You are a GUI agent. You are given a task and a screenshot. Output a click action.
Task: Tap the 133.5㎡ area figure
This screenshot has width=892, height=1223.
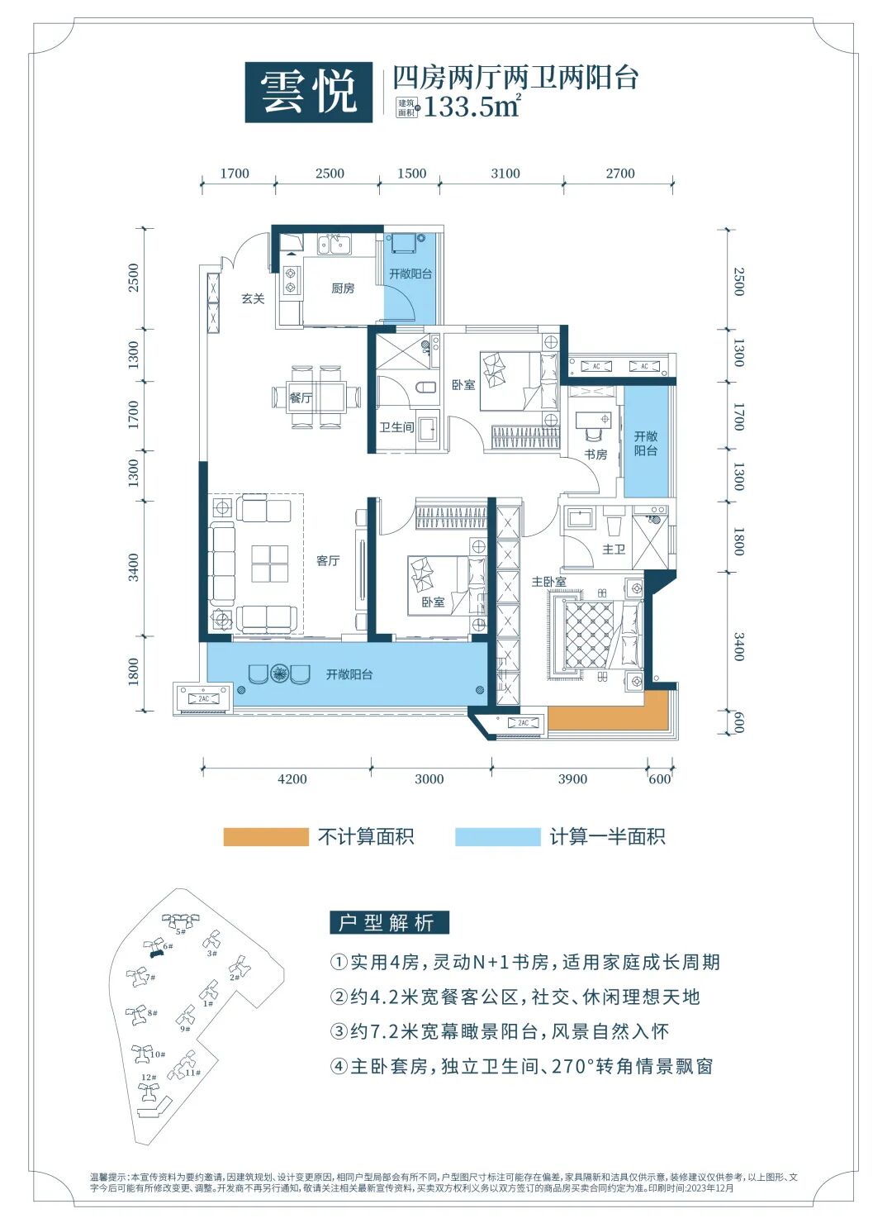(472, 107)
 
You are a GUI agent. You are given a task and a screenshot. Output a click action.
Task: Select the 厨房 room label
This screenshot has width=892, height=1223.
(343, 288)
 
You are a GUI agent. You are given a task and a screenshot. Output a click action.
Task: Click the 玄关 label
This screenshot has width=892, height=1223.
(253, 298)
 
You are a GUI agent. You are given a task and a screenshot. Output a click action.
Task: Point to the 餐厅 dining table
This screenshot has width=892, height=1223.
(317, 397)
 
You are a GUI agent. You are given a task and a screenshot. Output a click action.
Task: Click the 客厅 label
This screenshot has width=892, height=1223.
(328, 561)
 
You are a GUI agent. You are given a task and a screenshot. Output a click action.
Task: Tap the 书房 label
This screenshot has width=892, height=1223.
(595, 454)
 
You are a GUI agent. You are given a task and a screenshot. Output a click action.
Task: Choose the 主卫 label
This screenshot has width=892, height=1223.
(614, 550)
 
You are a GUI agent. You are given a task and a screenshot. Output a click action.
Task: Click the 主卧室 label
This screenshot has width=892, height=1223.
(548, 583)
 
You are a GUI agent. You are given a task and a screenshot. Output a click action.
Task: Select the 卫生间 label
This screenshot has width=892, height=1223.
(396, 427)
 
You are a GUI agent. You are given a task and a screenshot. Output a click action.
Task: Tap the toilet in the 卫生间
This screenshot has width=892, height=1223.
(426, 387)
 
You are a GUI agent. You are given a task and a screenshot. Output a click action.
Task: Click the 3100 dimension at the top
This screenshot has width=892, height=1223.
(505, 174)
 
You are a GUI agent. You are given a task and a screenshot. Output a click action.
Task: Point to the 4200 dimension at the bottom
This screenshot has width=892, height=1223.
(292, 779)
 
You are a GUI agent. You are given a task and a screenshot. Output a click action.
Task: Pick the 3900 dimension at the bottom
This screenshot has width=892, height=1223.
(572, 779)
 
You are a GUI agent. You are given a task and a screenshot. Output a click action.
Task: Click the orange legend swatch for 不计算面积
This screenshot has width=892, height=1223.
(265, 837)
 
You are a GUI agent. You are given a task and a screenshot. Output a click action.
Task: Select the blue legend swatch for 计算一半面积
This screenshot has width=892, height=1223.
(497, 837)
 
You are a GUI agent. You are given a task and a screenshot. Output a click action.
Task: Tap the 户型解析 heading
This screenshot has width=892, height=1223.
(389, 923)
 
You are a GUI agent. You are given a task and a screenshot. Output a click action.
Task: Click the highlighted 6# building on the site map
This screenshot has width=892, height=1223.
(155, 950)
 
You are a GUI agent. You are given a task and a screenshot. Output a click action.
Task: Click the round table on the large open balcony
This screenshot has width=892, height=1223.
(279, 673)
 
